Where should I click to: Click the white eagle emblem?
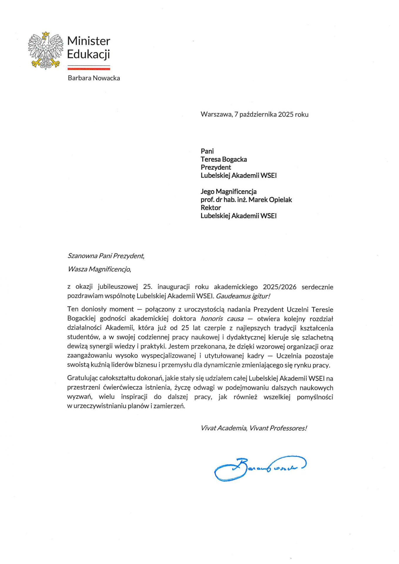pyautogui.click(x=46, y=51)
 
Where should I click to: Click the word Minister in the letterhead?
pyautogui.click(x=89, y=41)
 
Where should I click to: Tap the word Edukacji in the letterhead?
pyautogui.click(x=88, y=54)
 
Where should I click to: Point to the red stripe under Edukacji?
pyautogui.click(x=89, y=69)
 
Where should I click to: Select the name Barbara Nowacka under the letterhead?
pyautogui.click(x=94, y=78)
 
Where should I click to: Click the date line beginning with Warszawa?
pyautogui.click(x=254, y=115)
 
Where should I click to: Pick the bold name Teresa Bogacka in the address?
pyautogui.click(x=224, y=160)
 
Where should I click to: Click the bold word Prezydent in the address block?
pyautogui.click(x=216, y=167)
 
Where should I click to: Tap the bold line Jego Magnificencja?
pyautogui.click(x=228, y=192)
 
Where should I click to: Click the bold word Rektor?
pyautogui.click(x=211, y=208)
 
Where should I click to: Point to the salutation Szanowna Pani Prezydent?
pyautogui.click(x=106, y=256)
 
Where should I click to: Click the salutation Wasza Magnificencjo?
pyautogui.click(x=99, y=269)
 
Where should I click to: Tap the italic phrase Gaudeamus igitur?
pyautogui.click(x=243, y=296)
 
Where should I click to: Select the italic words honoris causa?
pyautogui.click(x=222, y=319)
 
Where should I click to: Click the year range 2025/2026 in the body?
pyautogui.click(x=280, y=287)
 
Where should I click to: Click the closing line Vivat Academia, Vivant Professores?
pyautogui.click(x=253, y=428)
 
